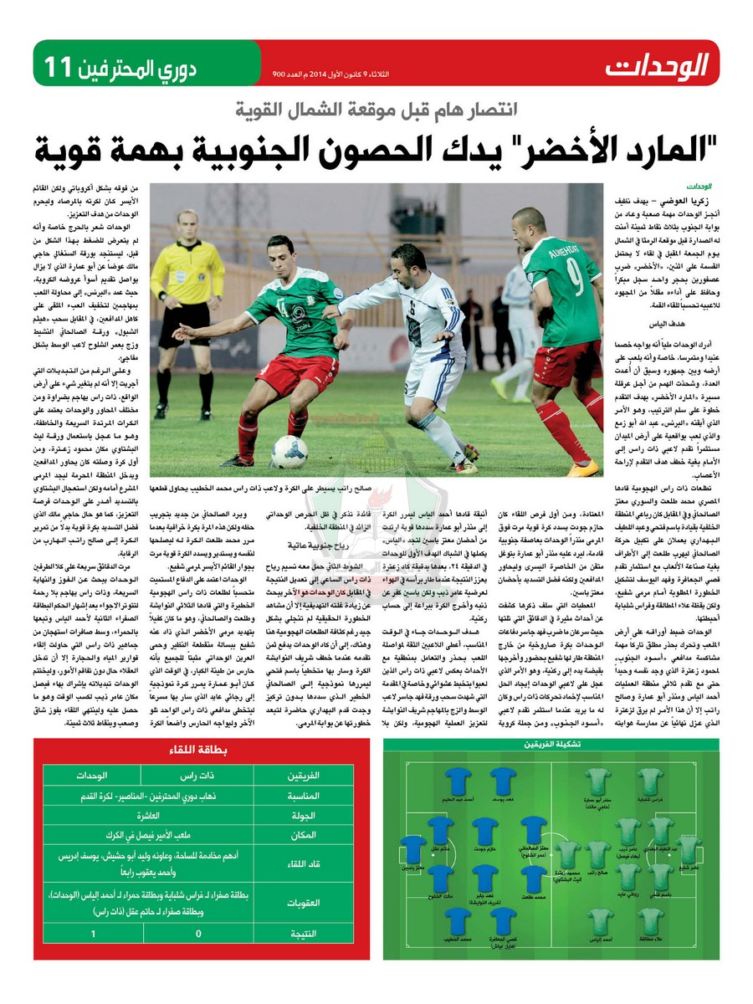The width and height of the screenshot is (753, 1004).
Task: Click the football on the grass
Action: [289, 452]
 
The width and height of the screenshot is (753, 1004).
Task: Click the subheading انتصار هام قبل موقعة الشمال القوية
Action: [376, 110]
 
